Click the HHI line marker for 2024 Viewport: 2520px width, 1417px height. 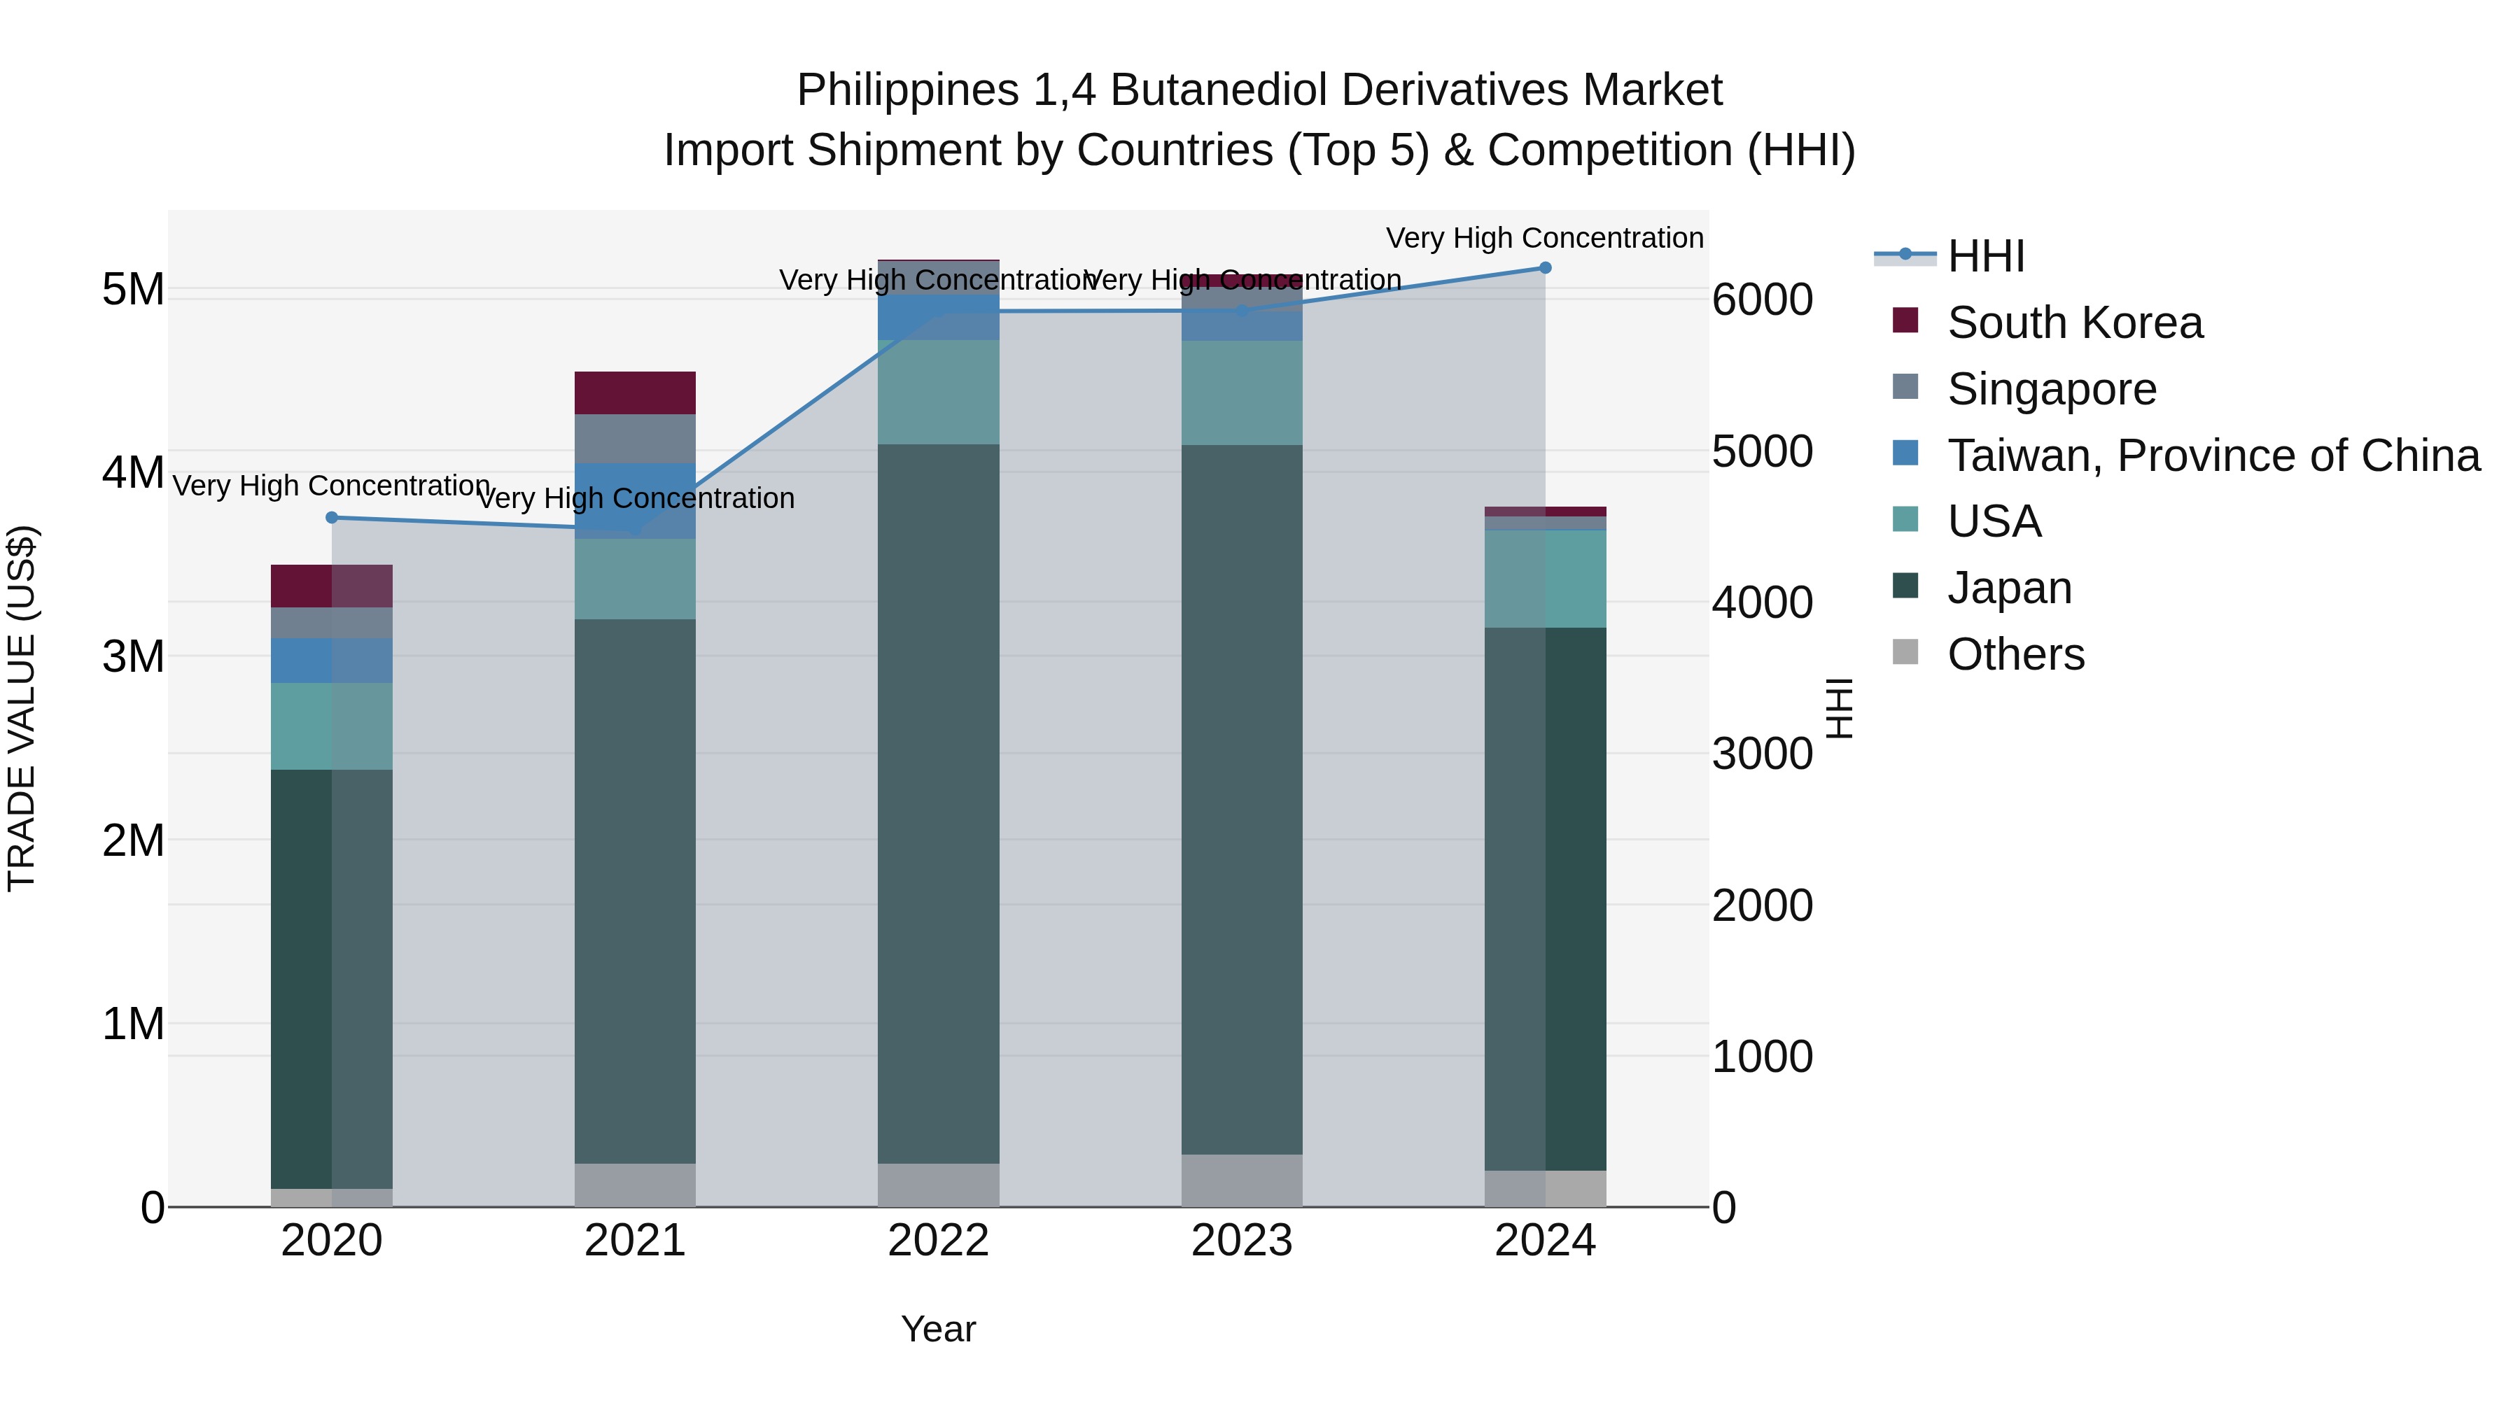(1545, 268)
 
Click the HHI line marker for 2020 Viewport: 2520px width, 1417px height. (332, 517)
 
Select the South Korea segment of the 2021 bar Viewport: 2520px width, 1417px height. (635, 393)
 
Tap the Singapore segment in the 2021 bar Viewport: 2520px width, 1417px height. (635, 438)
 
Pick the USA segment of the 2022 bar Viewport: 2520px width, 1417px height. (938, 392)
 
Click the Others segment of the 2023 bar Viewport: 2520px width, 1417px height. (1241, 1180)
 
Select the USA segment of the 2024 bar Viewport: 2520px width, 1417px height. (1545, 579)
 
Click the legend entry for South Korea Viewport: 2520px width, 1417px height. (2074, 323)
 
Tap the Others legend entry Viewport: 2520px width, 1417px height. (2015, 654)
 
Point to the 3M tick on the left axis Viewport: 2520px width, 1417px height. (133, 656)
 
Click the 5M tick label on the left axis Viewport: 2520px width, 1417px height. (133, 290)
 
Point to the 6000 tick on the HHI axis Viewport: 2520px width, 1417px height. (1762, 299)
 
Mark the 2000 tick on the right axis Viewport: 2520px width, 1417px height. (1762, 905)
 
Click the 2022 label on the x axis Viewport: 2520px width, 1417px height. (938, 1241)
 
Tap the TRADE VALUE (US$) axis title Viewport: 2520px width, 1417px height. (22, 708)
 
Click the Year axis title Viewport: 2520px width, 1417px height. (938, 1329)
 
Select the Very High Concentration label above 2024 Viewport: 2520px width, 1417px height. (1545, 238)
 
